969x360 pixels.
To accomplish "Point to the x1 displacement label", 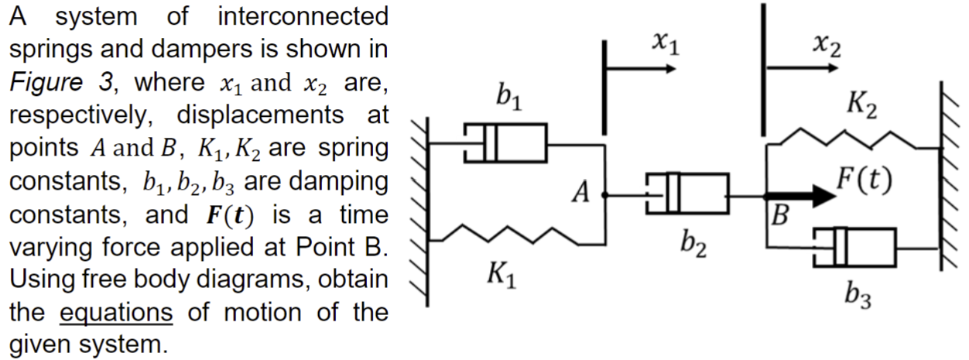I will [x=664, y=45].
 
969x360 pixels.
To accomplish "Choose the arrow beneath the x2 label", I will [x=802, y=68].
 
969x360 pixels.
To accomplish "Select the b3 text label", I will [x=857, y=296].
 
